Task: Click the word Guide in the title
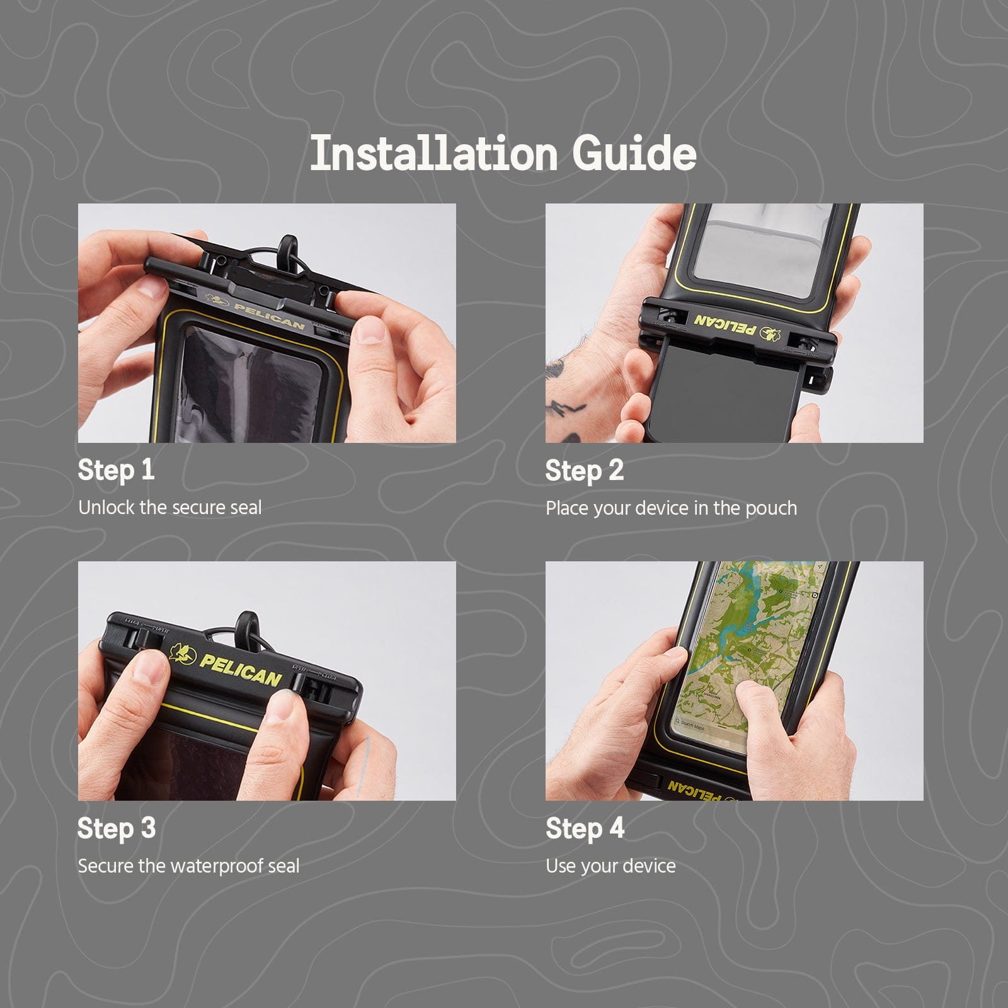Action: point(634,154)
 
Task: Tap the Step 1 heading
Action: point(116,470)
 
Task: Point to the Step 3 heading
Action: point(116,828)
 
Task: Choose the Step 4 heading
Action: point(584,828)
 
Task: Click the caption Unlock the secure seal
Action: point(169,508)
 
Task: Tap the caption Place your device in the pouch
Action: point(670,508)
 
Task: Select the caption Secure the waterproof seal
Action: point(188,866)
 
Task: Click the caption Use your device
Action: point(610,866)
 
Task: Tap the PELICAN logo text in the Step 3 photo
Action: point(241,670)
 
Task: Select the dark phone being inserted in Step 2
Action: point(724,391)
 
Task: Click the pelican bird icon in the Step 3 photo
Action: point(183,653)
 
